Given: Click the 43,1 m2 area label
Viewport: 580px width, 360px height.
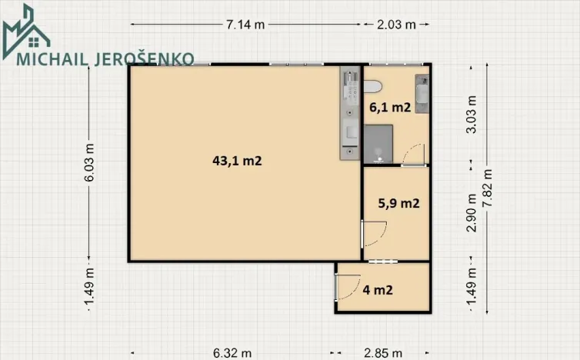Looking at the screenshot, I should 238,162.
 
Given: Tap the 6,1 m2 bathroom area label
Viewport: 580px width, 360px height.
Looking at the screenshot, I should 390,108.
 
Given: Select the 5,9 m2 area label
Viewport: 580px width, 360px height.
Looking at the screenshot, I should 398,204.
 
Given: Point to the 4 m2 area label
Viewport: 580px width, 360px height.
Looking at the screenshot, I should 378,290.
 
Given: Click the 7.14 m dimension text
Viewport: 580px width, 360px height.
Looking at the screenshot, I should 245,24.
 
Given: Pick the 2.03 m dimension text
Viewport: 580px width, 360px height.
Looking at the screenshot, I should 396,24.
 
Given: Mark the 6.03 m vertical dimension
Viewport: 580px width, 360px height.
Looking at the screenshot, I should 90,163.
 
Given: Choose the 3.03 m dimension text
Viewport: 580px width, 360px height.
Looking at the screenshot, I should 472,115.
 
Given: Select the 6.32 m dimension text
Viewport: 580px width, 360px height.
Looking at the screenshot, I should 232,353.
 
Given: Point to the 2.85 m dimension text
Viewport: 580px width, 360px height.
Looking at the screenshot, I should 382,353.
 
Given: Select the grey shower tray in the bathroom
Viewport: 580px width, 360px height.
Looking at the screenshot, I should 378,144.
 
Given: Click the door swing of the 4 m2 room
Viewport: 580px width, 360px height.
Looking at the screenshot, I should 345,287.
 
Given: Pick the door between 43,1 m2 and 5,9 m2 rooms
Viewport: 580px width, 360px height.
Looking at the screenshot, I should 372,233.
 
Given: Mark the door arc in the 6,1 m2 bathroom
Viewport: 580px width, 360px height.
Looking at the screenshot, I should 413,153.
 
